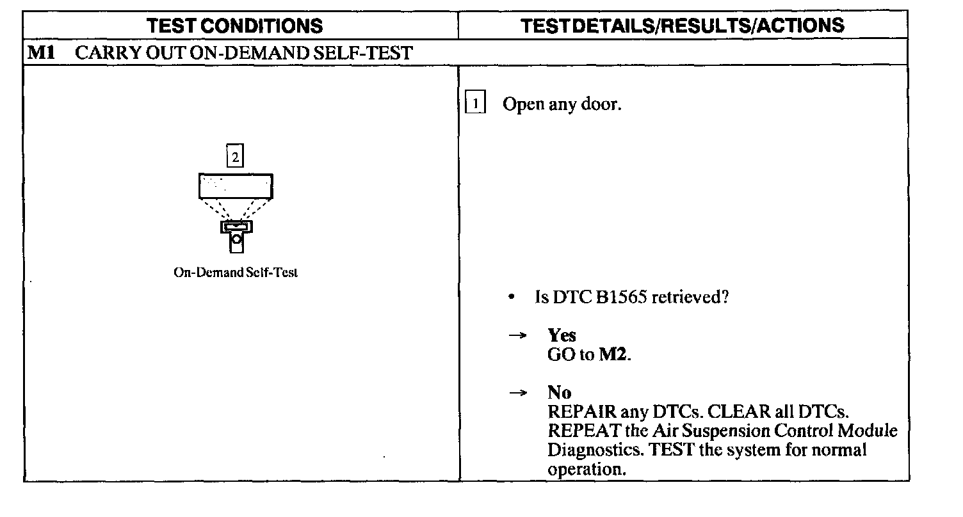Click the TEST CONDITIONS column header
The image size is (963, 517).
[234, 26]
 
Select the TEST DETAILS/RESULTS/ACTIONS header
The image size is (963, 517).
[683, 26]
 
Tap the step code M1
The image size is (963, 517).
[40, 52]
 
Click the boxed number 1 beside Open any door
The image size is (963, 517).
[474, 104]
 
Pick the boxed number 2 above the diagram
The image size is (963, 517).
[236, 157]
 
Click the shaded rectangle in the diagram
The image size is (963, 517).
[236, 186]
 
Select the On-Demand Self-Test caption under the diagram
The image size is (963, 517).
[236, 273]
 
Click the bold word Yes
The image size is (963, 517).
[562, 336]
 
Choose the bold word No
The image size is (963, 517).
[559, 392]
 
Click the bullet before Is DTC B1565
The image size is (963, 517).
[511, 298]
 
